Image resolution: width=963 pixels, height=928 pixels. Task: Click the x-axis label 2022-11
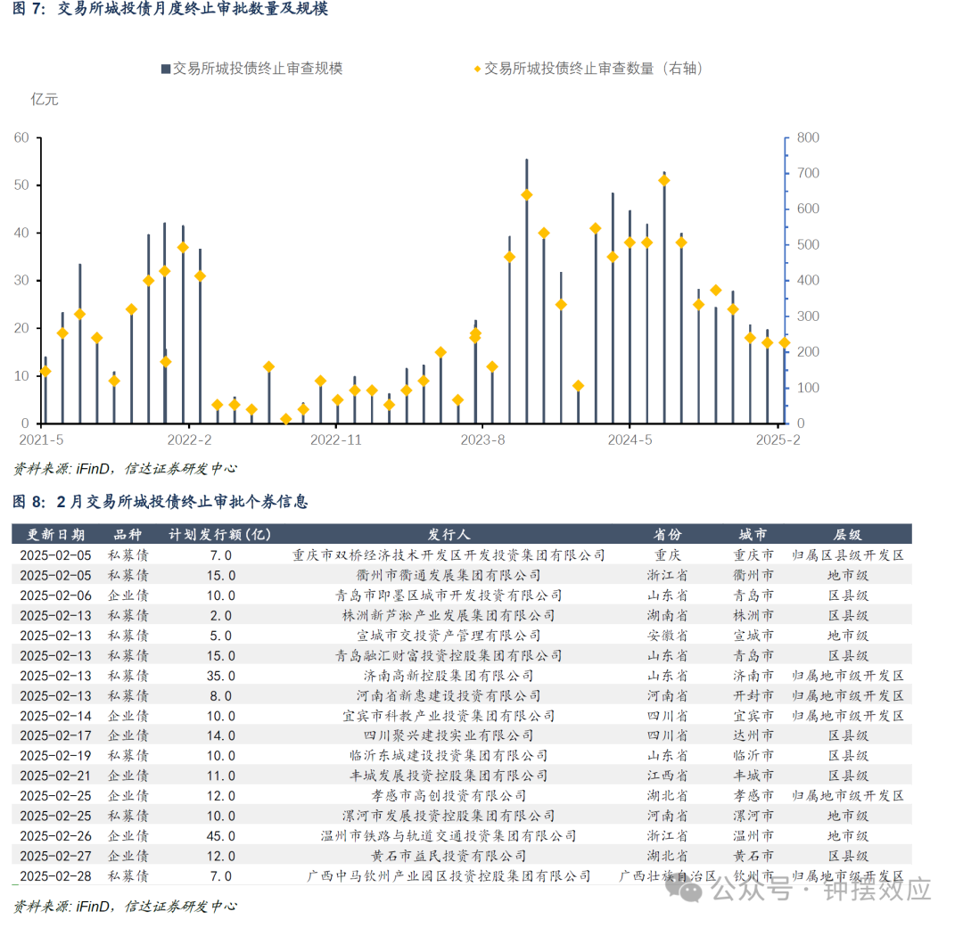(x=336, y=439)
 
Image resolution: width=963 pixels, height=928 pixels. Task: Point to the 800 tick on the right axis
(x=807, y=138)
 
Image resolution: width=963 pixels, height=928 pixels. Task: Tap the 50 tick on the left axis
(x=21, y=185)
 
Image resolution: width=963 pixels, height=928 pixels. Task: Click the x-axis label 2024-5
(x=630, y=439)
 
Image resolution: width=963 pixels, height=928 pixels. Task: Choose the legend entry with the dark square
(x=251, y=69)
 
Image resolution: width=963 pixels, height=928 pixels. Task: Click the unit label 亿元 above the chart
(x=45, y=99)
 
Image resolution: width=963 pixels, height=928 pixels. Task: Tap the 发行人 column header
(x=449, y=535)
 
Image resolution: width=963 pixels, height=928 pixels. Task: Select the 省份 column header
(x=667, y=535)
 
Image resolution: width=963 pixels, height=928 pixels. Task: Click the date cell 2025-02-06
(x=54, y=595)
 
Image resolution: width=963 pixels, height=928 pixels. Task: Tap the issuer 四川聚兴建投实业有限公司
(x=449, y=735)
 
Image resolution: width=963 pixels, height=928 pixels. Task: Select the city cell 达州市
(x=753, y=735)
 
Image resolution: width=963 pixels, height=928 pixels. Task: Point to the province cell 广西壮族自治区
(x=667, y=876)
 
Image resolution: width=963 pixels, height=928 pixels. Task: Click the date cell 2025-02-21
(x=54, y=776)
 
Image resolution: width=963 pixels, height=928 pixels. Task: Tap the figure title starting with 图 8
(x=160, y=502)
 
